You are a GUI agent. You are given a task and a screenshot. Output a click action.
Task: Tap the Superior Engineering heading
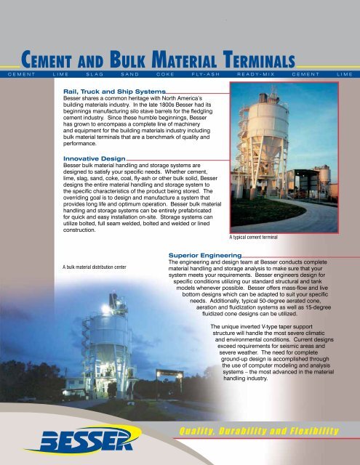204,256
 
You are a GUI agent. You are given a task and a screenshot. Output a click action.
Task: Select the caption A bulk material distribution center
95,267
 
